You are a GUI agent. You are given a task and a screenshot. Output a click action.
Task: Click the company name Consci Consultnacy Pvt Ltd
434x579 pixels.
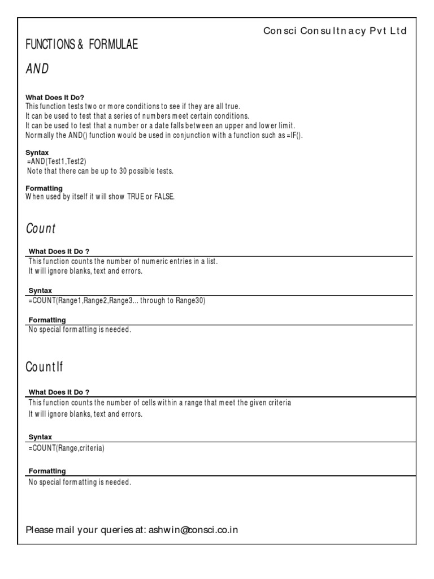coord(335,31)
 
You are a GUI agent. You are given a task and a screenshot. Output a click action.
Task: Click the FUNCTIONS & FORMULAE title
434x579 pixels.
coord(81,45)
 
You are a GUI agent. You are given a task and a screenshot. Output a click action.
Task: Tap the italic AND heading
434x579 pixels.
coord(37,69)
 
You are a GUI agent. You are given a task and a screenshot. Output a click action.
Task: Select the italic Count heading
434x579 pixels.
coord(41,228)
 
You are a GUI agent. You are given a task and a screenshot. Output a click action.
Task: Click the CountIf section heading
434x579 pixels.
coord(44,366)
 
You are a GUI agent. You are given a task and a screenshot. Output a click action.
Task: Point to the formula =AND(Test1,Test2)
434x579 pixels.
coord(57,161)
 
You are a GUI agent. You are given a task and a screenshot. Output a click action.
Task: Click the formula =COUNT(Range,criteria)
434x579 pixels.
coord(66,448)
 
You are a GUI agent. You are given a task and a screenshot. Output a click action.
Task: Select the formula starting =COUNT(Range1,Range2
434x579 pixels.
coord(116,301)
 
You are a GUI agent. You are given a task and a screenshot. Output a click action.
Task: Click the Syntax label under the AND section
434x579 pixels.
coord(37,153)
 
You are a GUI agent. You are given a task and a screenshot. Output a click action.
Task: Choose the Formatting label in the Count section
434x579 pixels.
coord(47,320)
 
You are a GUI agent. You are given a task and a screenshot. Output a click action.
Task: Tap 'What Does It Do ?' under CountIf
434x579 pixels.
coord(59,392)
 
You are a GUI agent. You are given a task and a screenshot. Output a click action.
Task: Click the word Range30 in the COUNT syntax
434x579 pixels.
coord(192,301)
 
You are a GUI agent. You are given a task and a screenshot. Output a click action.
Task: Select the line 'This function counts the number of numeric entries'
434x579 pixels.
coord(123,261)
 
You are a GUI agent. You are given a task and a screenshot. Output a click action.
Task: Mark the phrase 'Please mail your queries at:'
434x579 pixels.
coord(85,530)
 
